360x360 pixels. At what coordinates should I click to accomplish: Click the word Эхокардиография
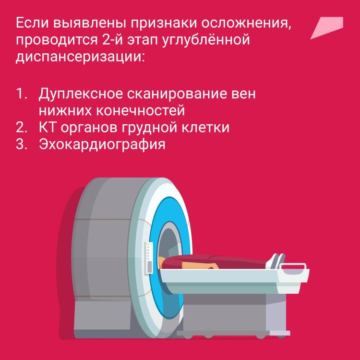pos(102,144)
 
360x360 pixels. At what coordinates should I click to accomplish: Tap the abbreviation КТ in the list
pos(48,127)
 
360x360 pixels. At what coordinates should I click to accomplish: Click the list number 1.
pos(21,94)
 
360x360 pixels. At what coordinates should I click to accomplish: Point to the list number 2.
pos(21,127)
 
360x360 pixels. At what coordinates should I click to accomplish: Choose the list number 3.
pos(21,144)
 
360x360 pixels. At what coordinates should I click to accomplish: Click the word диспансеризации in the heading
pos(80,57)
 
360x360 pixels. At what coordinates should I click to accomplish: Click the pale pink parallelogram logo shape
pos(327,27)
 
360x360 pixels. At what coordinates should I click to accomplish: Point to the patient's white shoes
pos(276,261)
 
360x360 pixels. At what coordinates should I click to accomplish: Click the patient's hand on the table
pos(212,266)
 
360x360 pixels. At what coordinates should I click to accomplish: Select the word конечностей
pos(140,110)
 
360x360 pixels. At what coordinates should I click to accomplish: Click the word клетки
pos(205,127)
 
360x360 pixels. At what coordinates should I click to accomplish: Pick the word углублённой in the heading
pos(206,39)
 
